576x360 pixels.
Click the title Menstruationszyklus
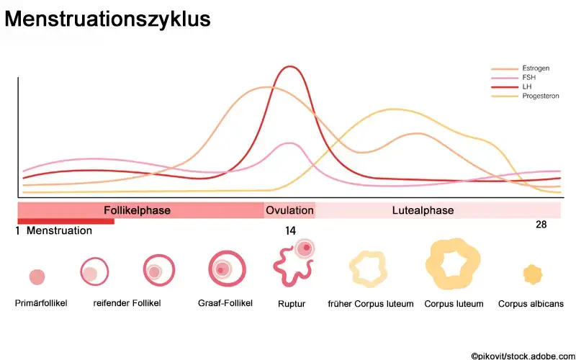[108, 19]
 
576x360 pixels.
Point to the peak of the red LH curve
[290, 67]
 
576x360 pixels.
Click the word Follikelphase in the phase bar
[137, 210]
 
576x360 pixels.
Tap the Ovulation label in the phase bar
[289, 210]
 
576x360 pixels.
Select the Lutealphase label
[423, 210]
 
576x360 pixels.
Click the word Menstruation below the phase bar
[59, 231]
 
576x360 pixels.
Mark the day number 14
[290, 231]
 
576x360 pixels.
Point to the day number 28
[541, 225]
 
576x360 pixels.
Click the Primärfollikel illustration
[37, 276]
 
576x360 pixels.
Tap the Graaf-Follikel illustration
[225, 269]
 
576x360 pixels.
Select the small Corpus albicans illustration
[532, 274]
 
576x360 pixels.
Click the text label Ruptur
[292, 304]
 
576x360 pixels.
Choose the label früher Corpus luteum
[371, 304]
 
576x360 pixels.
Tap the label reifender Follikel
[127, 303]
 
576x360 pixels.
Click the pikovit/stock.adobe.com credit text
[521, 354]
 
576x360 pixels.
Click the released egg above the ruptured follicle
[305, 248]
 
